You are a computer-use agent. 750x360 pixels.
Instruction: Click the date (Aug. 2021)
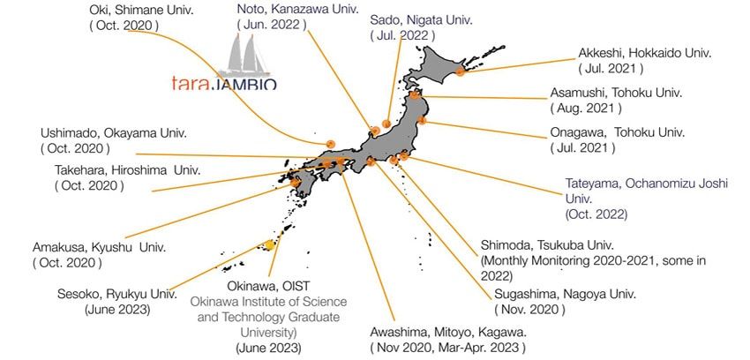click(586, 109)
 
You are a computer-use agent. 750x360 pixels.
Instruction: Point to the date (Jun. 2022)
click(280, 25)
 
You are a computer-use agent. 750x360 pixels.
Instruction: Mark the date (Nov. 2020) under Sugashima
click(533, 310)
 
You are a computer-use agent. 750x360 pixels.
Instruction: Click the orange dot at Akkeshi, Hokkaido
click(460, 71)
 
